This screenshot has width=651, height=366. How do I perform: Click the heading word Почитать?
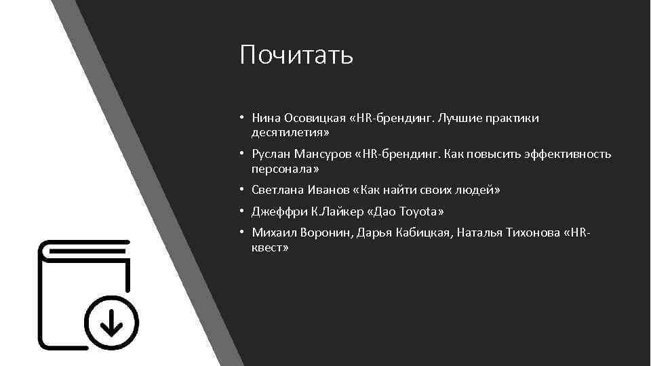(296, 55)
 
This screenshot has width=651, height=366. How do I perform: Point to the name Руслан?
(271, 154)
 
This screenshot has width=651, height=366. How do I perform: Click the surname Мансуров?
(321, 154)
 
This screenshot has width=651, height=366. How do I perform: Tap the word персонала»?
(284, 168)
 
